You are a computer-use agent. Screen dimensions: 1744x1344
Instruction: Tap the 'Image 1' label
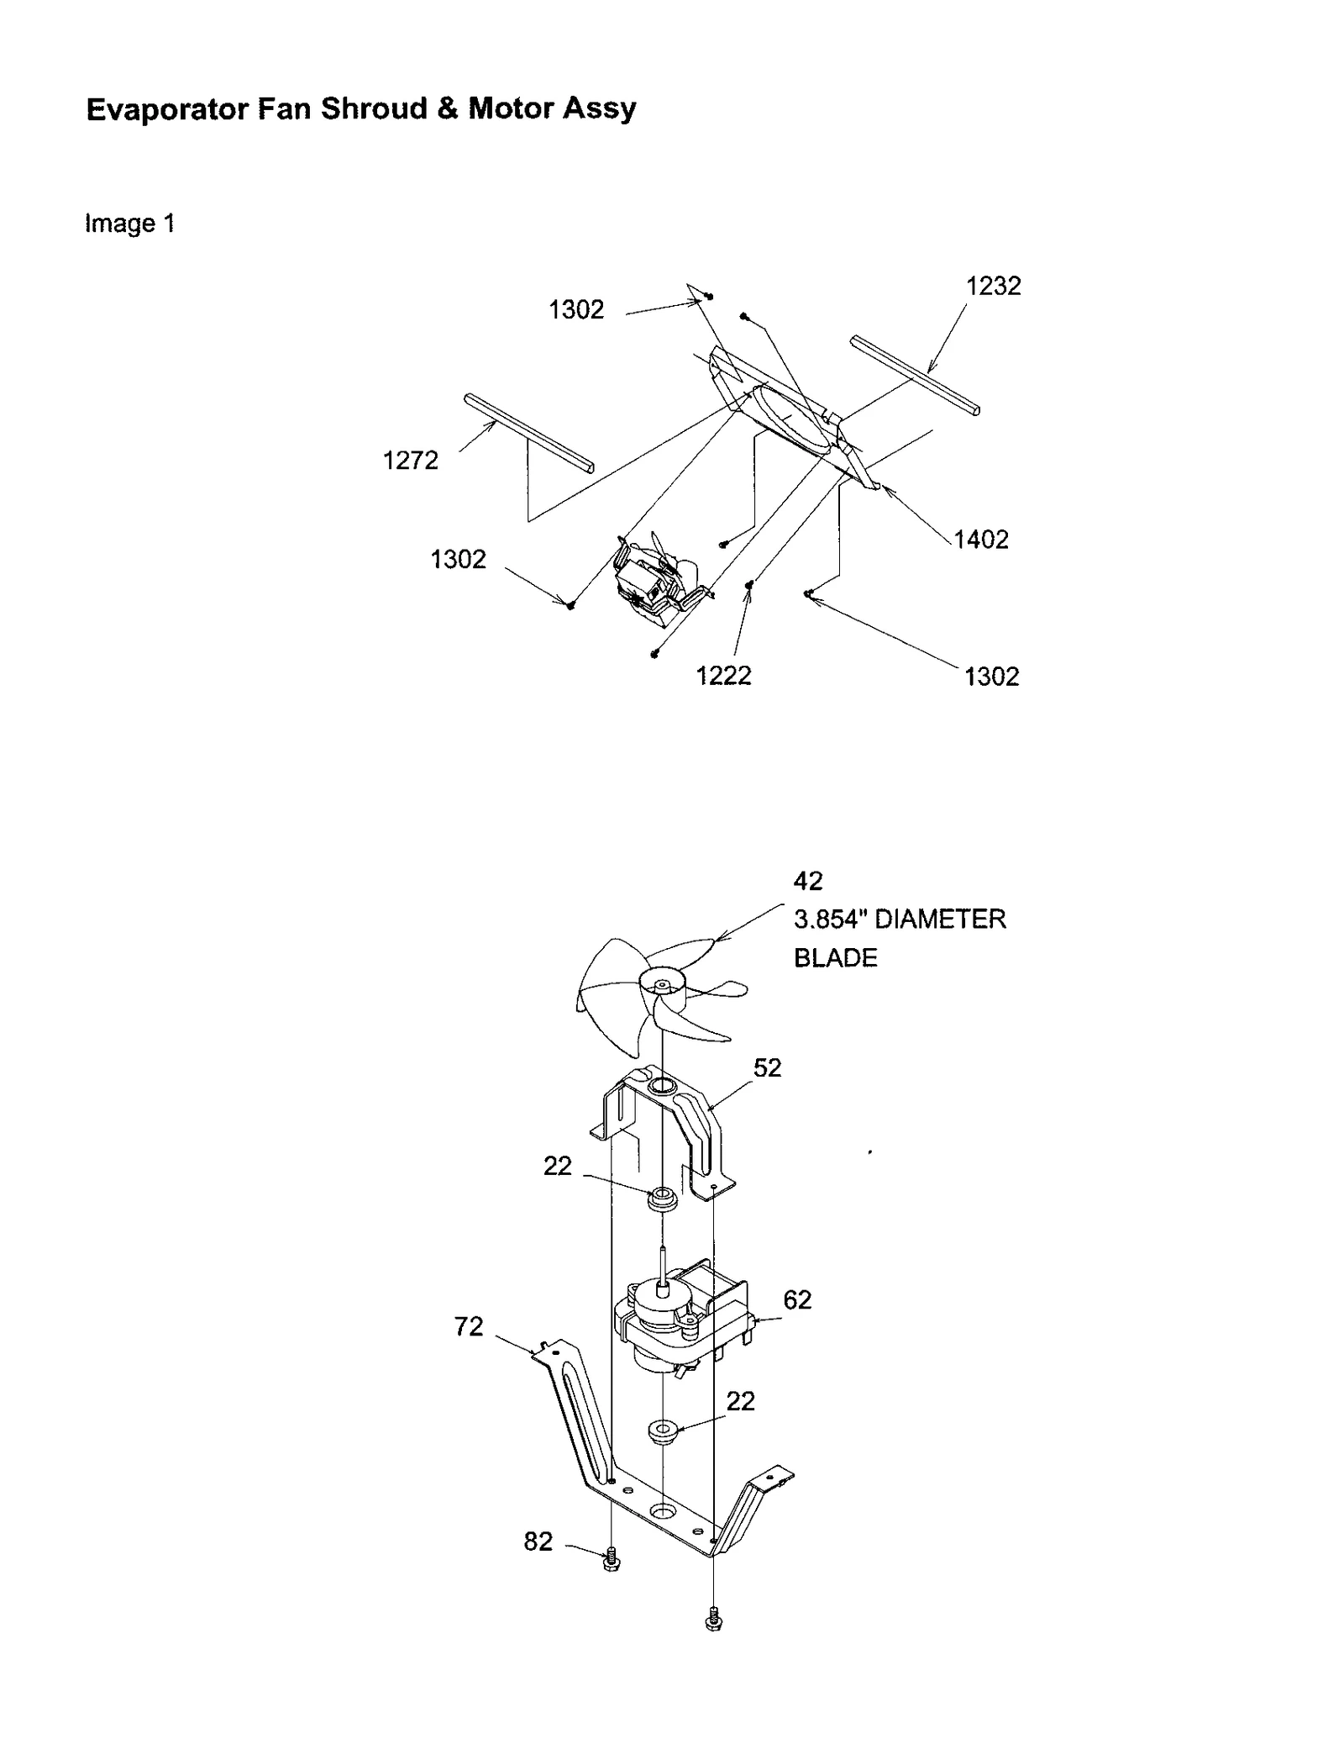(x=129, y=224)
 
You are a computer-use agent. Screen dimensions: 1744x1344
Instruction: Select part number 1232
(x=993, y=287)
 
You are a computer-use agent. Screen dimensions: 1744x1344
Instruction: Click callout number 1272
(x=410, y=461)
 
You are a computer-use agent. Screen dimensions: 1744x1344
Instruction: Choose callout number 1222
(x=723, y=676)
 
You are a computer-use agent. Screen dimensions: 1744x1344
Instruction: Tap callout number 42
(x=808, y=881)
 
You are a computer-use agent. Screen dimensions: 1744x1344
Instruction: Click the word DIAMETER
(x=940, y=919)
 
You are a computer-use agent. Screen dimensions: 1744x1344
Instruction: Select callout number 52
(x=767, y=1067)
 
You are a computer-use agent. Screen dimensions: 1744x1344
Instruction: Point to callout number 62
(x=797, y=1300)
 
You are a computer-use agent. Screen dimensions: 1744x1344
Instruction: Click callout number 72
(x=469, y=1326)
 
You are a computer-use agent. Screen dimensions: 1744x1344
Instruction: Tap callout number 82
(x=538, y=1541)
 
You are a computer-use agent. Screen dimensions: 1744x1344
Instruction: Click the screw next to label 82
(x=612, y=1560)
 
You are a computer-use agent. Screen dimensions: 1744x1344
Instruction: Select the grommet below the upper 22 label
(x=661, y=1198)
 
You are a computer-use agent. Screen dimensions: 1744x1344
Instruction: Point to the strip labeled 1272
(x=529, y=433)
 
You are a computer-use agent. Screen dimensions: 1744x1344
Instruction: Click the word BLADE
(x=835, y=958)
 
